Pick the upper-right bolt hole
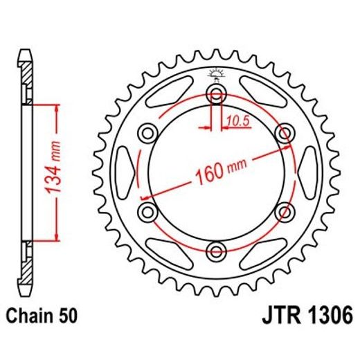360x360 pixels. pos(284,132)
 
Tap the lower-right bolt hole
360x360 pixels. pos(284,210)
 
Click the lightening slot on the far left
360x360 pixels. pos(125,172)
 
